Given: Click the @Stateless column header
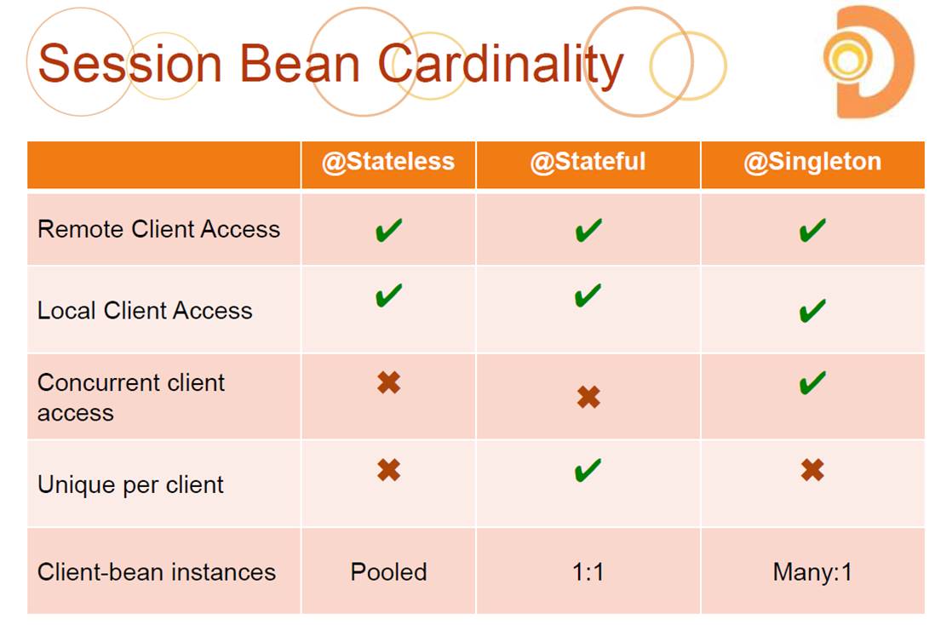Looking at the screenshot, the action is point(388,163).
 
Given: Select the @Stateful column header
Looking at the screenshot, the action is point(588,163).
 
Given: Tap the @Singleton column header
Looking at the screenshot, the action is point(812,163).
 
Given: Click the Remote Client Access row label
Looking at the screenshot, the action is point(158,229).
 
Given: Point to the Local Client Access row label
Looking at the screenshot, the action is point(145,311).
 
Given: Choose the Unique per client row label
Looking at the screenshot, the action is point(130,485).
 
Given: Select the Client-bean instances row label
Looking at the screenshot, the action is point(156,572).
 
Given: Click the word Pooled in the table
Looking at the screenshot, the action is point(389,572).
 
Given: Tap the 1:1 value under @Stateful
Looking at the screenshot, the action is point(588,572).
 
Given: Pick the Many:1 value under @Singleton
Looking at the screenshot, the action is point(812,572).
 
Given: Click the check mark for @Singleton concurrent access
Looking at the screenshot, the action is point(812,383).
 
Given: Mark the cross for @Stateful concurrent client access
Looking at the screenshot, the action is point(588,397).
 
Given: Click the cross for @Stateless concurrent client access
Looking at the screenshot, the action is point(389,382).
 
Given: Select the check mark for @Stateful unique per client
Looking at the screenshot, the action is point(588,470).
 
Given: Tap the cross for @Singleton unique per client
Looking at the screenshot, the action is point(812,470).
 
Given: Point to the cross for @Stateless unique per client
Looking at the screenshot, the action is point(389,470).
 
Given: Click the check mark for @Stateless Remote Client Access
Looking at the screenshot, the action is point(389,230).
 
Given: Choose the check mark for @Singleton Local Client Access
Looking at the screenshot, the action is point(812,311).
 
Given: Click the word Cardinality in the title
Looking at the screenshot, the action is point(501,65).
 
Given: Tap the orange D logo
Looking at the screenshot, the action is point(869,62).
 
